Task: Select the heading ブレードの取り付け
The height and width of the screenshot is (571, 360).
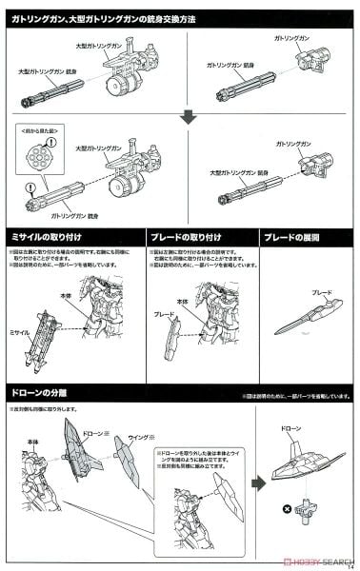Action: (186, 236)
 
